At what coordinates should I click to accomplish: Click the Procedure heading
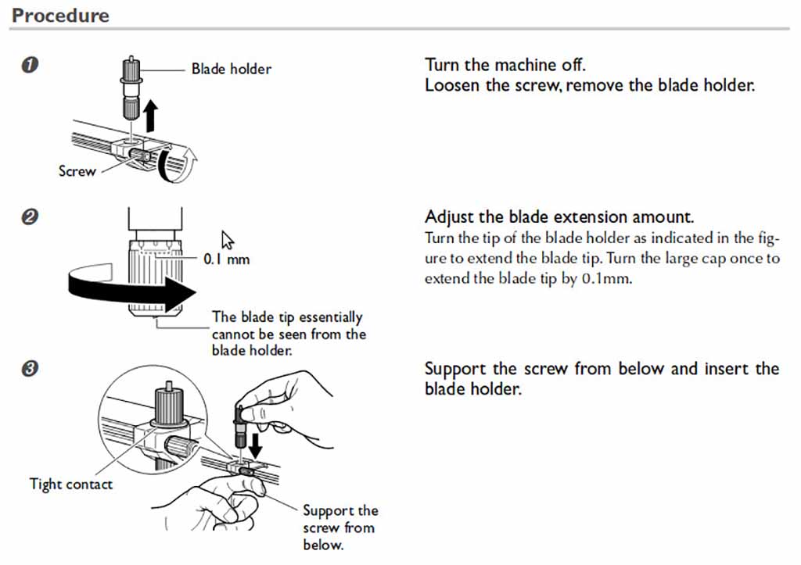point(60,15)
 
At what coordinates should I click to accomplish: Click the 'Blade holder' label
point(232,69)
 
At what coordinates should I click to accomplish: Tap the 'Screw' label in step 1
point(77,170)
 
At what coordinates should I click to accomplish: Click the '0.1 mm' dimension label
point(226,259)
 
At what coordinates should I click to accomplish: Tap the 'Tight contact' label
point(70,484)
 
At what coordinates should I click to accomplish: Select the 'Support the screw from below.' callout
point(339,527)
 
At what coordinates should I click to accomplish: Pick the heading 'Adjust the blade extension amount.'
point(559,216)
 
